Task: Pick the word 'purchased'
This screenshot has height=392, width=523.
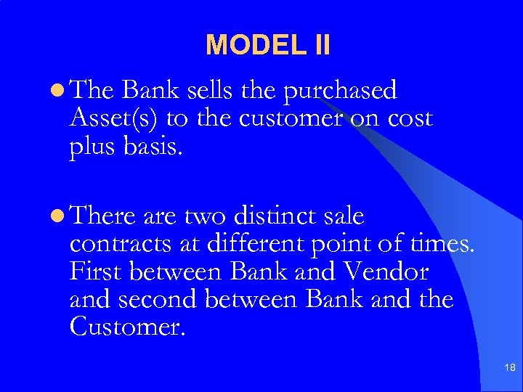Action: click(341, 91)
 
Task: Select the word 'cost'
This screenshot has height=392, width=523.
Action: click(408, 118)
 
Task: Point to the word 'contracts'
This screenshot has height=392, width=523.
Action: click(121, 245)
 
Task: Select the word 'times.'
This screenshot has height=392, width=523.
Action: click(442, 244)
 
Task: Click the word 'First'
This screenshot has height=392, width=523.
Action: click(97, 271)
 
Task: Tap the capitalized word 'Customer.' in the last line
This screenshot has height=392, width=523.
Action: click(128, 326)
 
